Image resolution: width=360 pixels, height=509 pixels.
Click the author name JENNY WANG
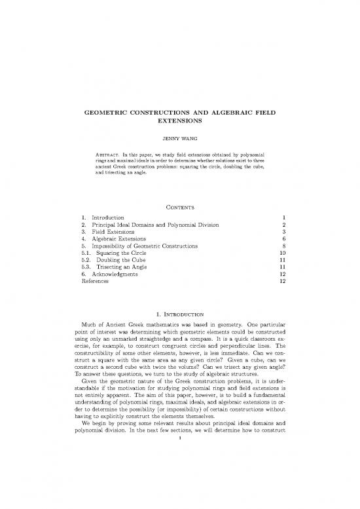[179, 139]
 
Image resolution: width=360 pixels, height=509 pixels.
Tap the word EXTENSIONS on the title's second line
[179, 122]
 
